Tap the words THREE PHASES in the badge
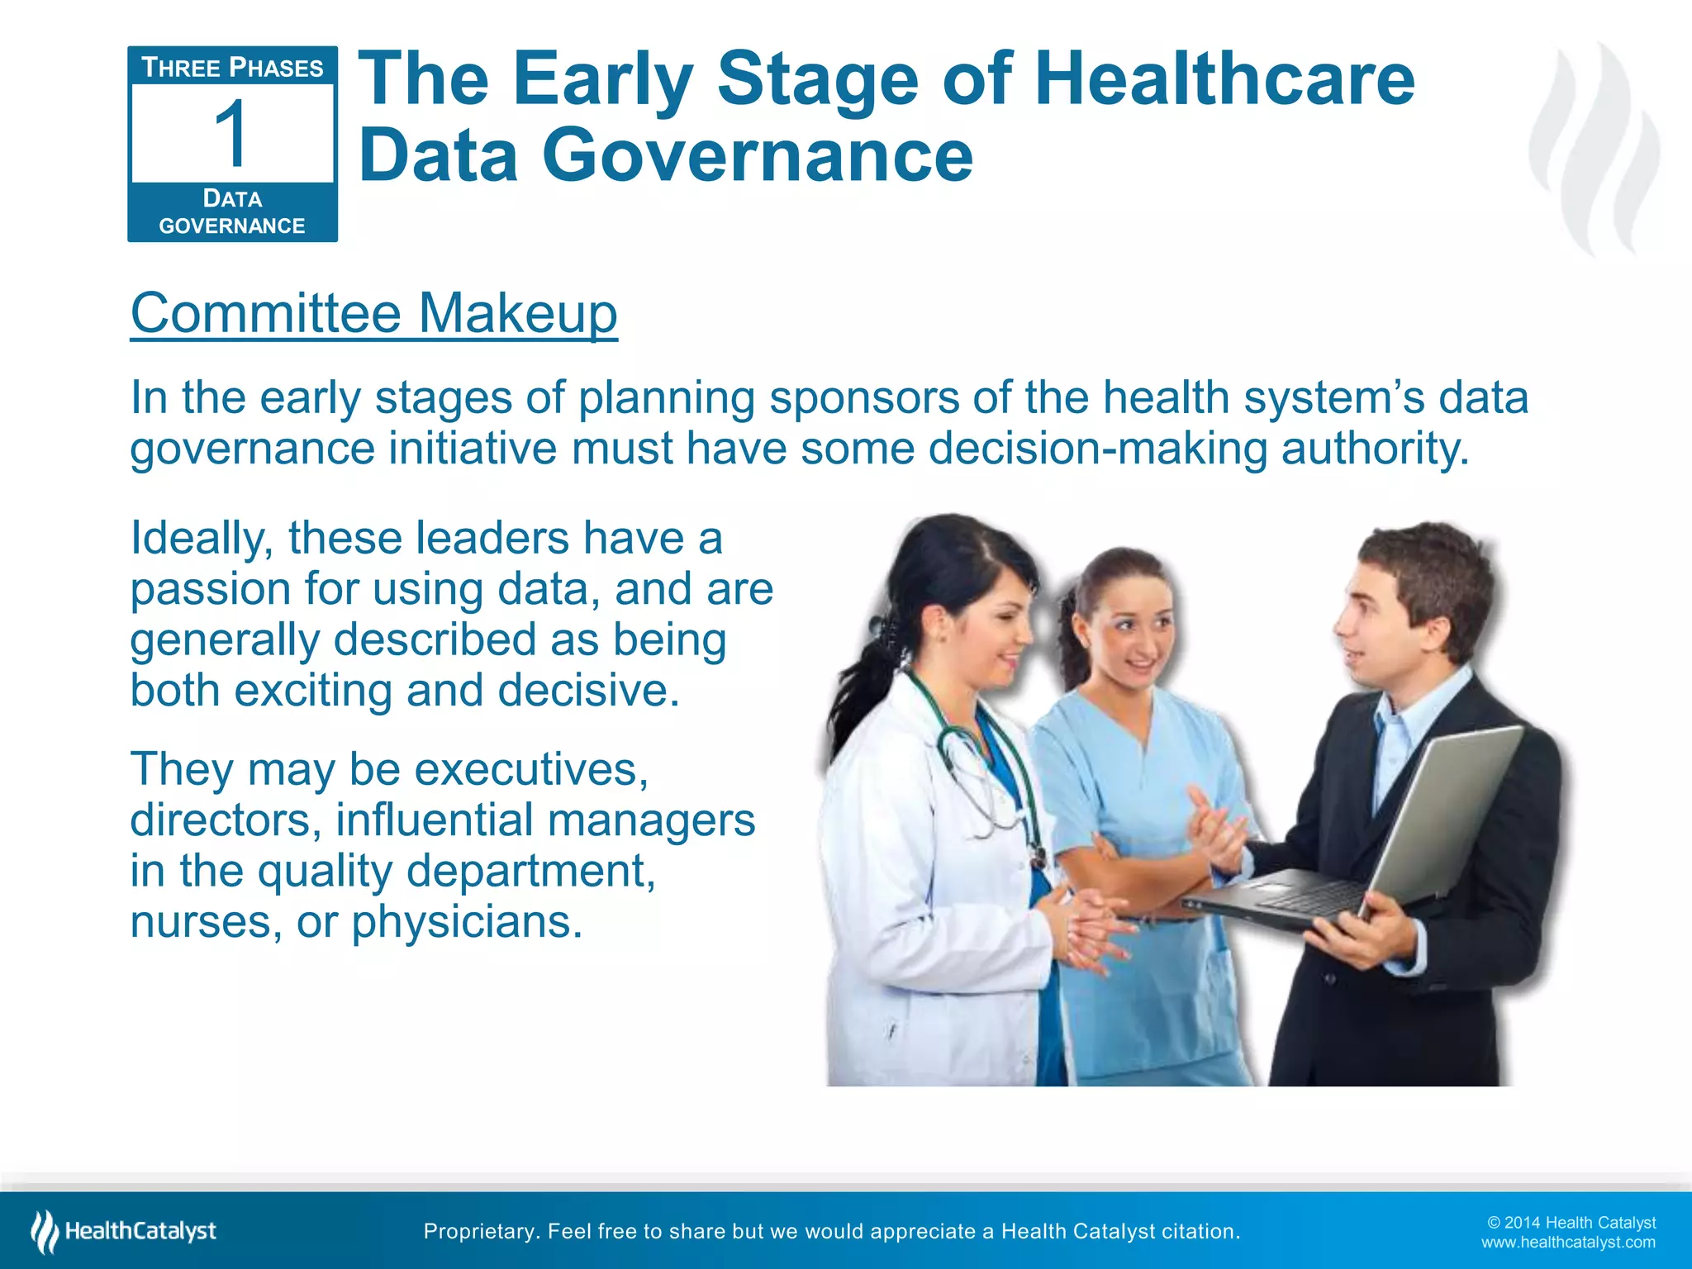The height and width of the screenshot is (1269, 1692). [232, 68]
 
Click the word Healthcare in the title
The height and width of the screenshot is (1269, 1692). [1224, 79]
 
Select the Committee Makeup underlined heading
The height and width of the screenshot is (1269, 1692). [373, 313]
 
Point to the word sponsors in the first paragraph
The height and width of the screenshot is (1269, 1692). [863, 397]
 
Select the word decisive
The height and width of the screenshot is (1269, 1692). [588, 690]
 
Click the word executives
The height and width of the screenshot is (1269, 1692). [531, 769]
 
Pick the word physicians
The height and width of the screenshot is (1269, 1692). [467, 921]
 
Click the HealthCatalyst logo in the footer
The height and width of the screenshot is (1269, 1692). [124, 1231]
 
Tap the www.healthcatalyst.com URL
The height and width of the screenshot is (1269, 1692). [1567, 1243]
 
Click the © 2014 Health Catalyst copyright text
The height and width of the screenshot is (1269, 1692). [1571, 1223]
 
